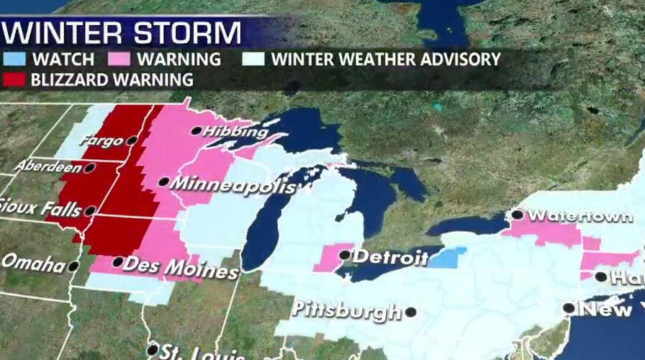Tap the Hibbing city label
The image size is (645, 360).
[228, 132]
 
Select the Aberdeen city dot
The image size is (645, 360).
[89, 168]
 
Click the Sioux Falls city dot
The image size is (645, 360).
[89, 211]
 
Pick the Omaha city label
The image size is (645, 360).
[33, 263]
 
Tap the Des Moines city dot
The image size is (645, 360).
[117, 262]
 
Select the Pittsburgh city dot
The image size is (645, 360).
[410, 312]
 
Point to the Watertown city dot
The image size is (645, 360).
[517, 215]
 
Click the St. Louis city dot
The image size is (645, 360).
[153, 350]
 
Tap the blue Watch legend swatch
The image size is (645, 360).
[15, 59]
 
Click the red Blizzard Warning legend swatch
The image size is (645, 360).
[15, 78]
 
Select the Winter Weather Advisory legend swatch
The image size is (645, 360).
[256, 59]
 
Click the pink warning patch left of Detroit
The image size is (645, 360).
[330, 257]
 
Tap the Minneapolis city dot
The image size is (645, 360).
[164, 182]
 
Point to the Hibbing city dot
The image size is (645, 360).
[196, 131]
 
